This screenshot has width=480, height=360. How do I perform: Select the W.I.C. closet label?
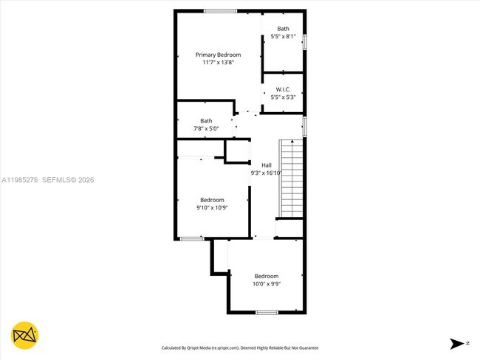(284, 89)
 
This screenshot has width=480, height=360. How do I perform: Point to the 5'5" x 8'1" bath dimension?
(283, 36)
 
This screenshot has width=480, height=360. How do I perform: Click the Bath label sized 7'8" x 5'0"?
(206, 121)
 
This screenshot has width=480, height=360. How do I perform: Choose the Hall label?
(267, 165)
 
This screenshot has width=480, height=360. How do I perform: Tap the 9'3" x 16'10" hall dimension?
(267, 173)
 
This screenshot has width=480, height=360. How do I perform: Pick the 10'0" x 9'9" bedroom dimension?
(267, 283)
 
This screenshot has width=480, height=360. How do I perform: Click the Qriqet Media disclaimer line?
(240, 347)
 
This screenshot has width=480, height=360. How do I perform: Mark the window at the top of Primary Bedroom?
(220, 10)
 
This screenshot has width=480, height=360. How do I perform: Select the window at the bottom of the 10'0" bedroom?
(267, 313)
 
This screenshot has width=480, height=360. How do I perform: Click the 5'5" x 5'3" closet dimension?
(284, 97)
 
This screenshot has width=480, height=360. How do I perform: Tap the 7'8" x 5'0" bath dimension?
(206, 129)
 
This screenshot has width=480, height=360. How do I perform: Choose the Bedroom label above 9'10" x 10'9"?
(212, 199)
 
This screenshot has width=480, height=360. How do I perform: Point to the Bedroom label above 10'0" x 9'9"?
(267, 276)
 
